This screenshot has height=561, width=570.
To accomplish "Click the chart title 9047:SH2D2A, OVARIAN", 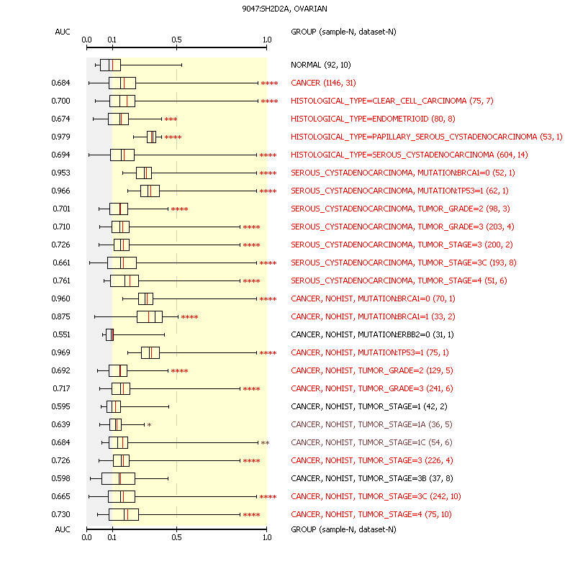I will tap(285, 8).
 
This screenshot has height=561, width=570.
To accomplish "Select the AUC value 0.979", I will tap(60, 137).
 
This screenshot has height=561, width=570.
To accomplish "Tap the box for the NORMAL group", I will tap(110, 65).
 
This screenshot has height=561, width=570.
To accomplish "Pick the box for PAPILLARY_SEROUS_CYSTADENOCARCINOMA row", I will tap(151, 137).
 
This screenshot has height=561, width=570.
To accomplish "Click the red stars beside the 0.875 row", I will tap(189, 317).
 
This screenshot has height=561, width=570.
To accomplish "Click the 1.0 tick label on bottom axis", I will tap(266, 537).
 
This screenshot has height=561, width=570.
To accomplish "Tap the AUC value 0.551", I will tap(60, 334).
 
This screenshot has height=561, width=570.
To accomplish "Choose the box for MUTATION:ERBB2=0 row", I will tap(109, 334).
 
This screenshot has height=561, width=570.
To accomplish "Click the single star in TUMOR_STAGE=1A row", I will tap(149, 425).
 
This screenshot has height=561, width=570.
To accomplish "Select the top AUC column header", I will tap(62, 32).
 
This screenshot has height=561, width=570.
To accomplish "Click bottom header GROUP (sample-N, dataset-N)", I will tap(343, 529).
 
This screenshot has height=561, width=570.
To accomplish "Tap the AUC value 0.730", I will tap(60, 514).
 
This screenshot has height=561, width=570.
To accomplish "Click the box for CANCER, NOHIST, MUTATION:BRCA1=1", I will tap(149, 316).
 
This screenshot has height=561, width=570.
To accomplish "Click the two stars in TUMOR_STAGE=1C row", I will tap(265, 443).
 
